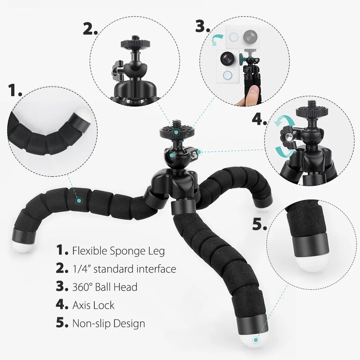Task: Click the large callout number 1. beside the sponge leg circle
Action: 15,90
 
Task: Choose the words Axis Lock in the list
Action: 92,305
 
